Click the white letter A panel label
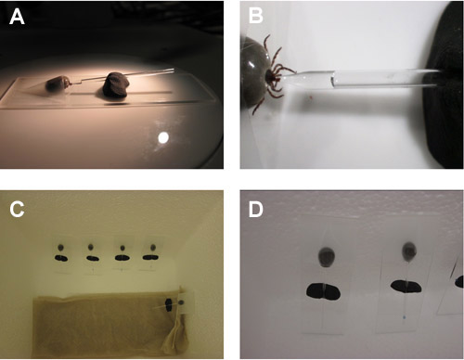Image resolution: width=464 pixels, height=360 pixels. pyautogui.click(x=17, y=17)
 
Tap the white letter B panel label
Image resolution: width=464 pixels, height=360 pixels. pyautogui.click(x=256, y=16)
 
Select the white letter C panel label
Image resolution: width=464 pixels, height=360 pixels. pyautogui.click(x=17, y=210)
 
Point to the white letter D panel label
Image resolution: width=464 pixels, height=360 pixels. pyautogui.click(x=256, y=210)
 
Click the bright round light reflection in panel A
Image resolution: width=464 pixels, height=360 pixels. pyautogui.click(x=163, y=137)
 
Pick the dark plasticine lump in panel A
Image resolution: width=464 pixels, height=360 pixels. pyautogui.click(x=117, y=85)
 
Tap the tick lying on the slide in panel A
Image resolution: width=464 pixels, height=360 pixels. pyautogui.click(x=57, y=84)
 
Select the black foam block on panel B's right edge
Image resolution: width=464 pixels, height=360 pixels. pyautogui.click(x=445, y=85)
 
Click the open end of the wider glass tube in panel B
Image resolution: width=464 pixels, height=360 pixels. pyautogui.click(x=333, y=79)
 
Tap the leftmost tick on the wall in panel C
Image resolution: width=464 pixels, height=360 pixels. pyautogui.click(x=61, y=247)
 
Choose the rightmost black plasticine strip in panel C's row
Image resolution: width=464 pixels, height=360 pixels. pyautogui.click(x=150, y=257)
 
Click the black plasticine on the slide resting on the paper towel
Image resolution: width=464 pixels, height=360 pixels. pyautogui.click(x=169, y=305)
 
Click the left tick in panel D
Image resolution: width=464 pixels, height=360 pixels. pyautogui.click(x=326, y=257)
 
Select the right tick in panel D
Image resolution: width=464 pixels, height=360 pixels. pyautogui.click(x=409, y=252)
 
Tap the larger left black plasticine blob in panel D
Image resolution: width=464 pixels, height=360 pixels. pyautogui.click(x=324, y=291)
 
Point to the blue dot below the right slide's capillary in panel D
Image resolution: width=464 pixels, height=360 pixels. pyautogui.click(x=405, y=317)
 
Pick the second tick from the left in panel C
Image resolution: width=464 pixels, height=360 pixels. pyautogui.click(x=90, y=247)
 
